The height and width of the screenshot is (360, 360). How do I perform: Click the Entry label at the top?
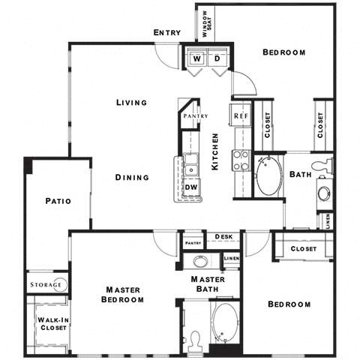(166, 32)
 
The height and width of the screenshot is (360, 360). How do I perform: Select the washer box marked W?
(197, 58)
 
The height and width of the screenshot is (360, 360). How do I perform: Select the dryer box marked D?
(217, 58)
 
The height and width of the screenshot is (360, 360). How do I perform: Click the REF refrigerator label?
(240, 116)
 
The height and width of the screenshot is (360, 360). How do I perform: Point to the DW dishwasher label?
(191, 187)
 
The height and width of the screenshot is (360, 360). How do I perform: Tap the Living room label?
(131, 103)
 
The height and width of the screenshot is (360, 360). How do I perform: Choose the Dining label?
(132, 178)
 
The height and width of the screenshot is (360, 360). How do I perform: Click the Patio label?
(57, 201)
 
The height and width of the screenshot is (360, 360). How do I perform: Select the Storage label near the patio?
(46, 286)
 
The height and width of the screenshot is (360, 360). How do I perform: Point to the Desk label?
(223, 237)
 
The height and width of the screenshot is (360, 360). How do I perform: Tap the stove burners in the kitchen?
(241, 160)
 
